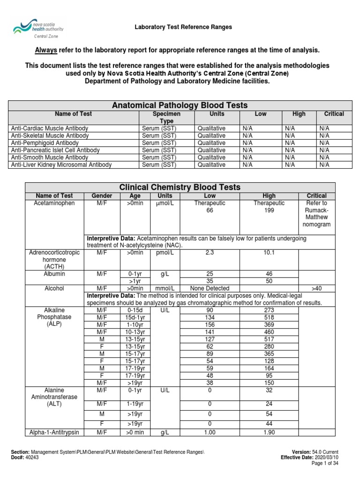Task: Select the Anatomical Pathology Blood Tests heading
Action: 180,105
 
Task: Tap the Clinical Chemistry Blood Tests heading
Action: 180,187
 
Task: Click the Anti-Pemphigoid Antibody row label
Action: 45,142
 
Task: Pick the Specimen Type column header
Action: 166,117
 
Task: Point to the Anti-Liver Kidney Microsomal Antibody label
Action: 61,165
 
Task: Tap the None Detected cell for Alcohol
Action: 210,289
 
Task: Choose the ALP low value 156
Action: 210,325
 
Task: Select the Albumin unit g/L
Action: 165,274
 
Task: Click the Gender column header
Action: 101,196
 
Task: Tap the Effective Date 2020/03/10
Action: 327,457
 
